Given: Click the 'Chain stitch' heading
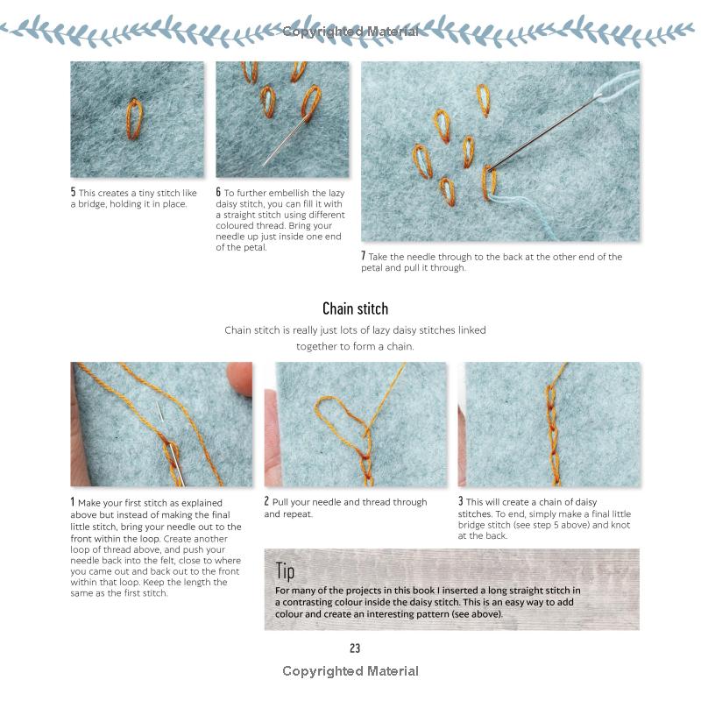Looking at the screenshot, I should (355, 308).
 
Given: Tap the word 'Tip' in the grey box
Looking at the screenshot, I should (285, 570).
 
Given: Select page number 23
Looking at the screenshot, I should (355, 648).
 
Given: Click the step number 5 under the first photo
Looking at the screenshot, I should (74, 192).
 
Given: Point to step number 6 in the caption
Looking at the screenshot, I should (219, 192).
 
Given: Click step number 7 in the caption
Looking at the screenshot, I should (364, 256).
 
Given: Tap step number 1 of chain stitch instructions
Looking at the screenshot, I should (73, 502).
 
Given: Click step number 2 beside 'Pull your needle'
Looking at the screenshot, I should (267, 502).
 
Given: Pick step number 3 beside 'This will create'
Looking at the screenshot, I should (461, 502).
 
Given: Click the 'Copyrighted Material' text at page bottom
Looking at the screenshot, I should (350, 671).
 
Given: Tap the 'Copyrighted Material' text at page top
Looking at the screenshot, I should (350, 32).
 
